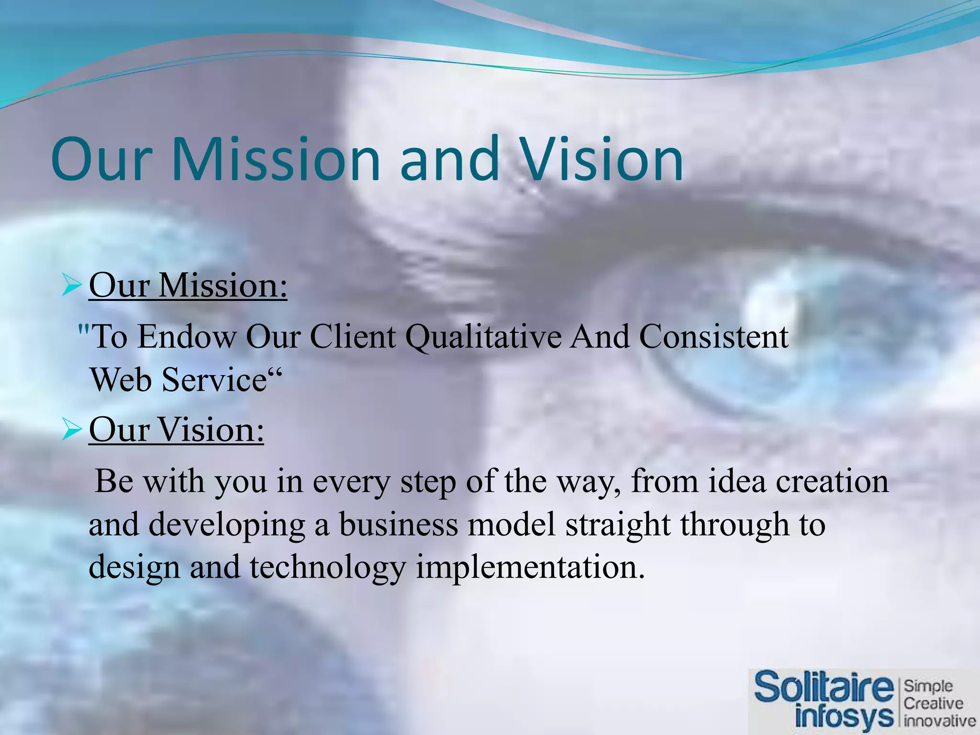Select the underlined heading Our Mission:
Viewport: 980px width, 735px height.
coord(188,286)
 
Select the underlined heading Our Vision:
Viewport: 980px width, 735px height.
coord(176,430)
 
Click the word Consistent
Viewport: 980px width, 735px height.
coord(713,337)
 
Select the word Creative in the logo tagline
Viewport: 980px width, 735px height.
coord(933,703)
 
